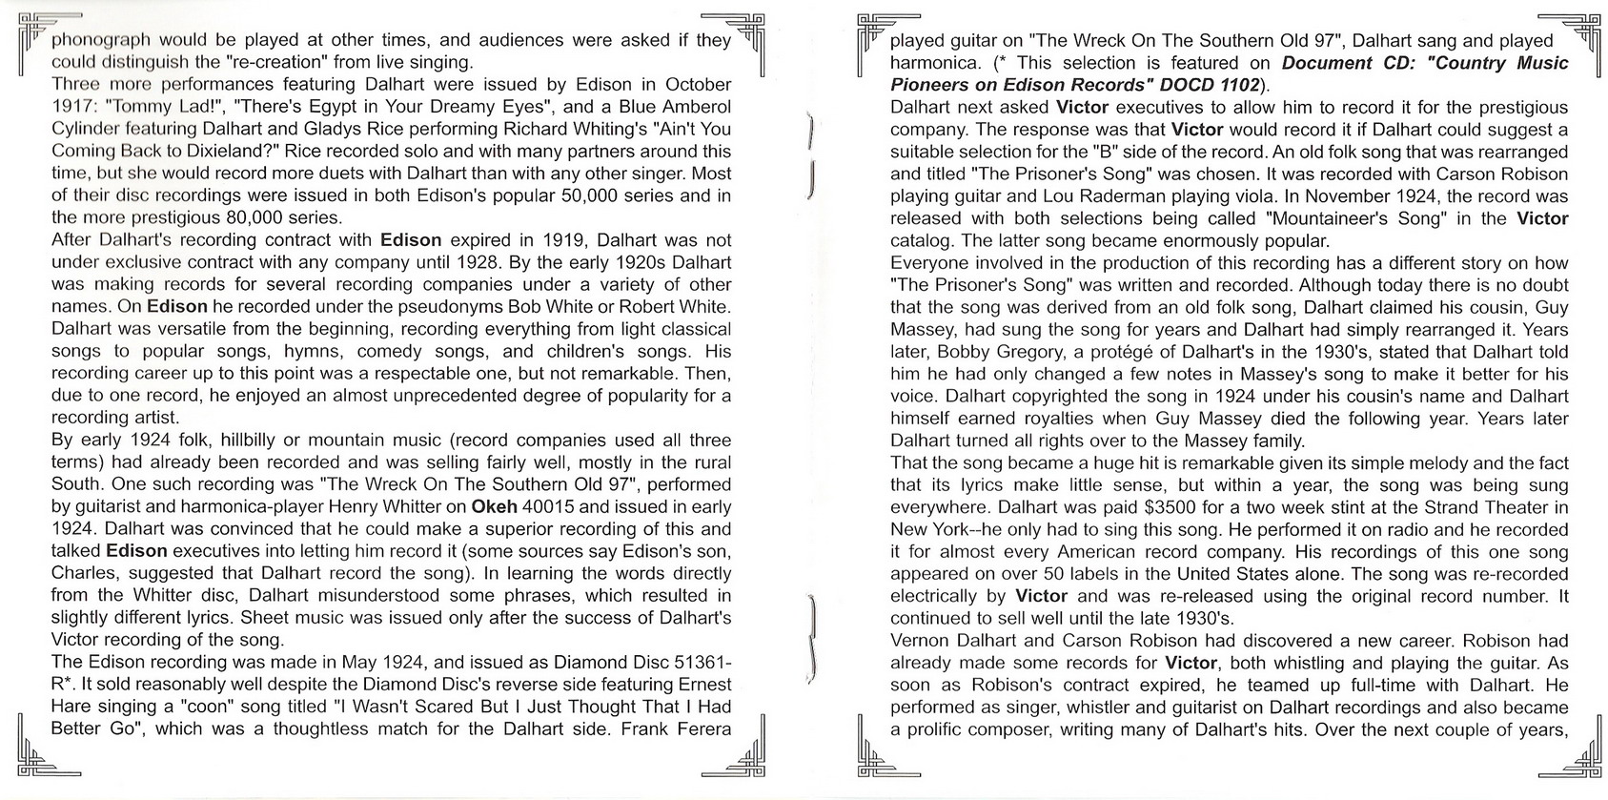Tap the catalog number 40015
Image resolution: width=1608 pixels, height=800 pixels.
tap(546, 506)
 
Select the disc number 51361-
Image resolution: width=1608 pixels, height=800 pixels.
tap(694, 662)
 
